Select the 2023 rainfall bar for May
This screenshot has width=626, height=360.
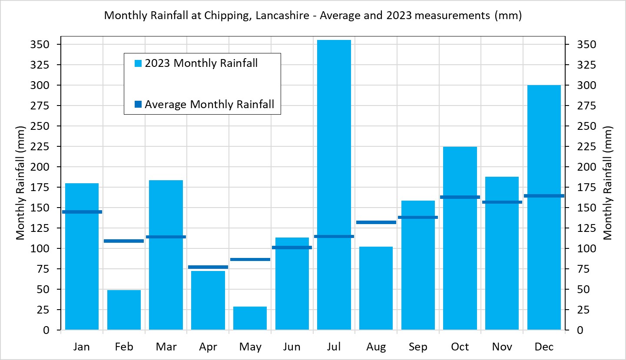coord(250,318)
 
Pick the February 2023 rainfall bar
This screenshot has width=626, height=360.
coord(124,310)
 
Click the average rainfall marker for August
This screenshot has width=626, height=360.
coord(376,222)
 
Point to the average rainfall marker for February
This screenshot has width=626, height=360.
coord(124,241)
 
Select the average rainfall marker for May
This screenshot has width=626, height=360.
coord(250,259)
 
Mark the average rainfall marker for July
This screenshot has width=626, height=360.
coord(334,236)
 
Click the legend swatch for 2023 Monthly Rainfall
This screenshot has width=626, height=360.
coord(138,64)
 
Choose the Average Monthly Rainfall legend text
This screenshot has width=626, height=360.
coord(209,104)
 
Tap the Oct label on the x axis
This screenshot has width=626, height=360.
coord(460,347)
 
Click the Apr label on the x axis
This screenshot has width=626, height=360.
coord(208,347)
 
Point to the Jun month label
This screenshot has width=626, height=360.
coord(292,347)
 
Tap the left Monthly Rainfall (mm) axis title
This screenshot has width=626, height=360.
coord(20,182)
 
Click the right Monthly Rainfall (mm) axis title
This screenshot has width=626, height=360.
coord(608,182)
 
